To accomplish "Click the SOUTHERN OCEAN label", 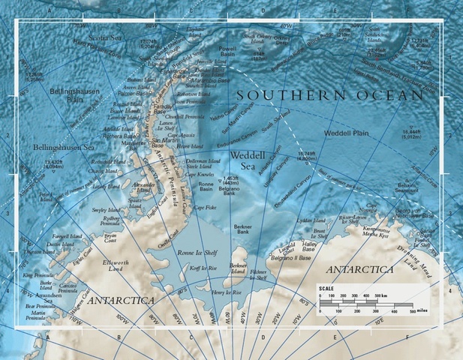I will coord(330,95).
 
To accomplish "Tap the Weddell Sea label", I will coord(247,160).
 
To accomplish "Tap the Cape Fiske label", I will coord(205,208).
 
